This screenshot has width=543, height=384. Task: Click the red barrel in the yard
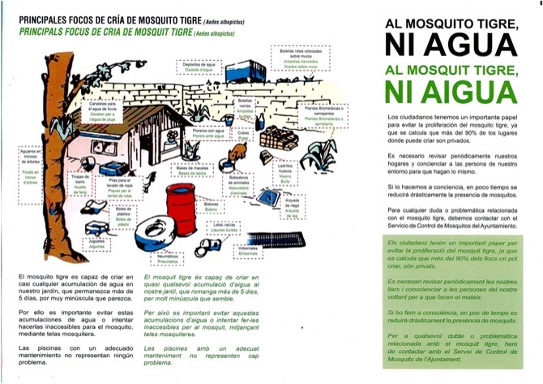181,209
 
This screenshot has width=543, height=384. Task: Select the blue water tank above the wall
245,71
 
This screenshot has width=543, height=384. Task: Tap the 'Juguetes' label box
100,243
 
